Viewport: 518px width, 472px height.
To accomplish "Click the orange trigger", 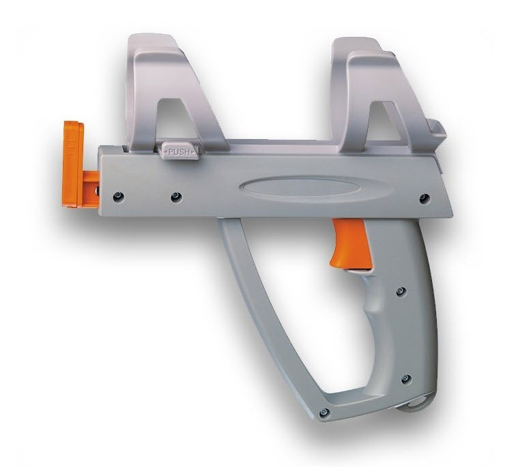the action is click(351, 242).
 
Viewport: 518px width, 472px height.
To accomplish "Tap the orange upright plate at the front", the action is click(72, 164).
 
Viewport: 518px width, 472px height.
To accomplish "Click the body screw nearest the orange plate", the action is click(117, 196).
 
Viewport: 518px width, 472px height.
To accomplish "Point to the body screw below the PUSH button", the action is click(175, 198).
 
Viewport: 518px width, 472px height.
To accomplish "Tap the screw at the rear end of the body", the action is click(425, 198).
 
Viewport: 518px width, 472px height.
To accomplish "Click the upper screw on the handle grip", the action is click(401, 291).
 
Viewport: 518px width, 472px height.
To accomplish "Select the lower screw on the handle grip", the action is click(405, 379).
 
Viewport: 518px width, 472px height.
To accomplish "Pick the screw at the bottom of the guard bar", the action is click(324, 412).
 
